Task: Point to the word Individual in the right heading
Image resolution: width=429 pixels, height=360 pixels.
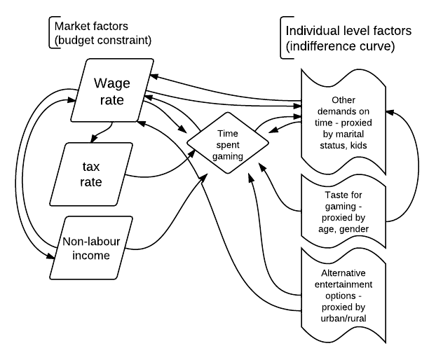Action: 313,31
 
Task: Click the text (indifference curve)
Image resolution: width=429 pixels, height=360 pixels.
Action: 341,49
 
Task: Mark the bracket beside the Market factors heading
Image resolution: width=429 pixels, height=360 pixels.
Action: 49,33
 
